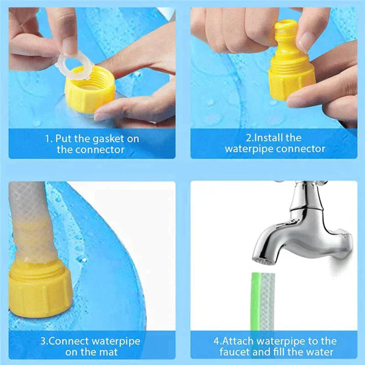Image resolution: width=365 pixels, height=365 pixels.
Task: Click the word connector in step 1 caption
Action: [x=100, y=150]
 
